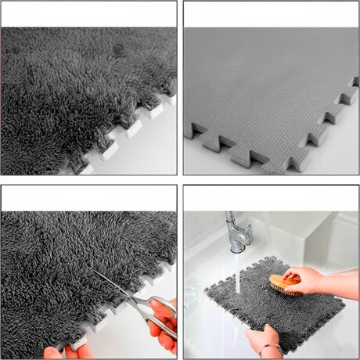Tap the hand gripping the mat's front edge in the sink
click(x=258, y=338)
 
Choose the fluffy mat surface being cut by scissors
click(x=63, y=258)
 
